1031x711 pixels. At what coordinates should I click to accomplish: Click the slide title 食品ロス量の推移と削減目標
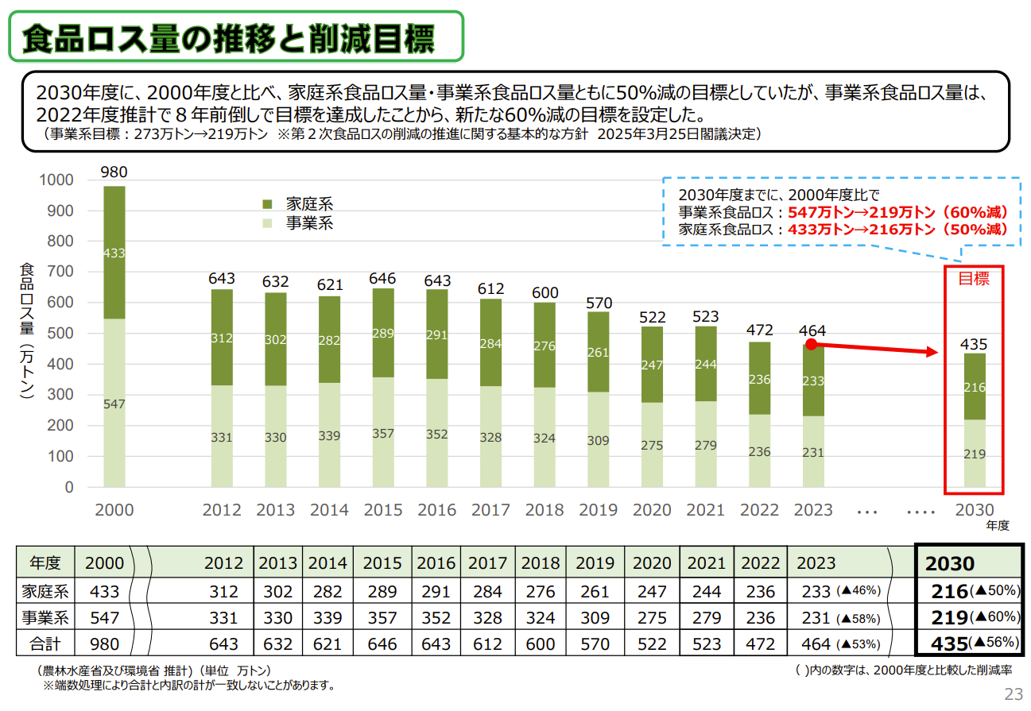tap(229, 37)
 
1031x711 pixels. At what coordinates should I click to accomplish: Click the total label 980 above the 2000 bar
tap(114, 172)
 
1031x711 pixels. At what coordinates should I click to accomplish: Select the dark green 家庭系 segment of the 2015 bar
tap(383, 332)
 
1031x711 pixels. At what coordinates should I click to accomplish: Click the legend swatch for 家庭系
tap(267, 204)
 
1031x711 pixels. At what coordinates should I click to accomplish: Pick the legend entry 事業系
tap(309, 223)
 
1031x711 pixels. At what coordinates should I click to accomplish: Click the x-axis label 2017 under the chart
tap(490, 510)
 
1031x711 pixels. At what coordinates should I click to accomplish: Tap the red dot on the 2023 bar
tap(811, 344)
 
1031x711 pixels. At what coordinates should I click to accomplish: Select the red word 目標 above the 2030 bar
tap(974, 278)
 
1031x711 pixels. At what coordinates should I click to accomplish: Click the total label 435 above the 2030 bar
tap(974, 345)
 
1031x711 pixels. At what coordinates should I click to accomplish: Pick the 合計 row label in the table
tap(45, 643)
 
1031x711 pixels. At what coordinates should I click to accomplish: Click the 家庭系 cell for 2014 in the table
tap(328, 591)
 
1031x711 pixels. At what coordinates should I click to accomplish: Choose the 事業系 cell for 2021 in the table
tap(707, 617)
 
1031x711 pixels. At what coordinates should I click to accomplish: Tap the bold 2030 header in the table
tap(949, 564)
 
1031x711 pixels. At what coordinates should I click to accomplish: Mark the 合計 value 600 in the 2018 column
tap(541, 643)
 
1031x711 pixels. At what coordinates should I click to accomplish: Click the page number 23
tap(1014, 694)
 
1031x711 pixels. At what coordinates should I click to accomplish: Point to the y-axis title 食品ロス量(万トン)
tap(27, 334)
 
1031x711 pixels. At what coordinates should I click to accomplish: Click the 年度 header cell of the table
tap(45, 563)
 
